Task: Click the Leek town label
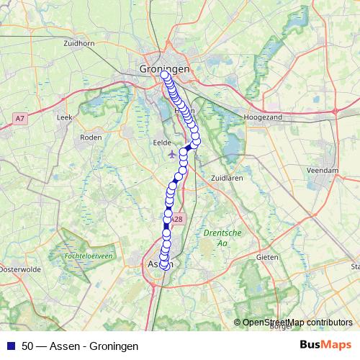tap(65, 116)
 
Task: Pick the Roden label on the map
tap(91, 137)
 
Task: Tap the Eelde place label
tap(163, 143)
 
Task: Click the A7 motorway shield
tap(20, 117)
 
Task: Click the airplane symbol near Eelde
tap(171, 153)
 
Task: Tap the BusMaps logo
tap(325, 346)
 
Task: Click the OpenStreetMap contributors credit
tap(297, 323)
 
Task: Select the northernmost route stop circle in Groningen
tap(164, 75)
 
